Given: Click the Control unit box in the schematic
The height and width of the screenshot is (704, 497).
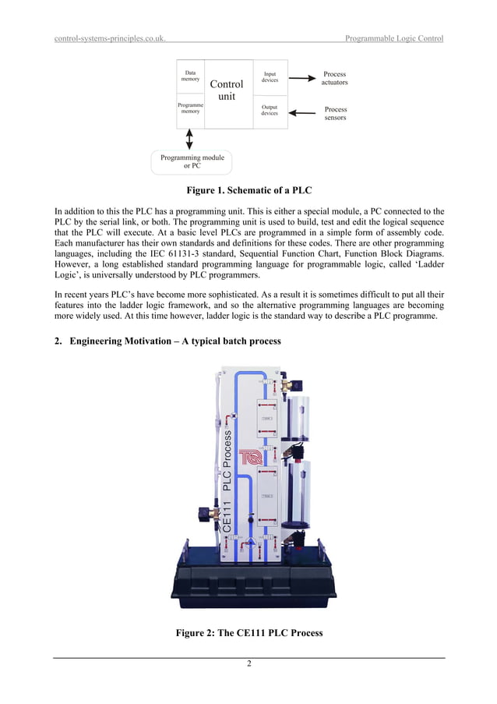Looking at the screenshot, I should click(226, 90).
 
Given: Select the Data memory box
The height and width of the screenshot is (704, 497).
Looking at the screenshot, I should click(190, 76).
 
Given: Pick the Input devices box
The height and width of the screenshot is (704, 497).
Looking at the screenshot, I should click(270, 77).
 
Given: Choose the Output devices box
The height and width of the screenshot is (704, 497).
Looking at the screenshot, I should click(270, 110).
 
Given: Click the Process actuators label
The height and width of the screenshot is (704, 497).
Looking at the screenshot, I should click(335, 78).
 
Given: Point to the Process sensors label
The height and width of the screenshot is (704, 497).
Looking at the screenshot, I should click(336, 114).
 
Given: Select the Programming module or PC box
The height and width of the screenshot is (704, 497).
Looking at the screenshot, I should click(192, 161).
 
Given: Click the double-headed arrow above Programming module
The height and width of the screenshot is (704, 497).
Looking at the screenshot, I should click(190, 139).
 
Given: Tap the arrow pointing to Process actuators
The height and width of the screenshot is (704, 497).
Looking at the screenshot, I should click(303, 77).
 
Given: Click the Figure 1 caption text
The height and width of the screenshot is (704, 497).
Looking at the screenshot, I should click(248, 191).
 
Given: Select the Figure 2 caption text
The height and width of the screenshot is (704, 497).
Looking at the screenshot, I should click(249, 633).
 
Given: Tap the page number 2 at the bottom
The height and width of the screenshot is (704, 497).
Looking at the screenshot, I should click(248, 664).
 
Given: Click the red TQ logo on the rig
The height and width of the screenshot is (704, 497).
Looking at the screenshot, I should click(252, 458).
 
